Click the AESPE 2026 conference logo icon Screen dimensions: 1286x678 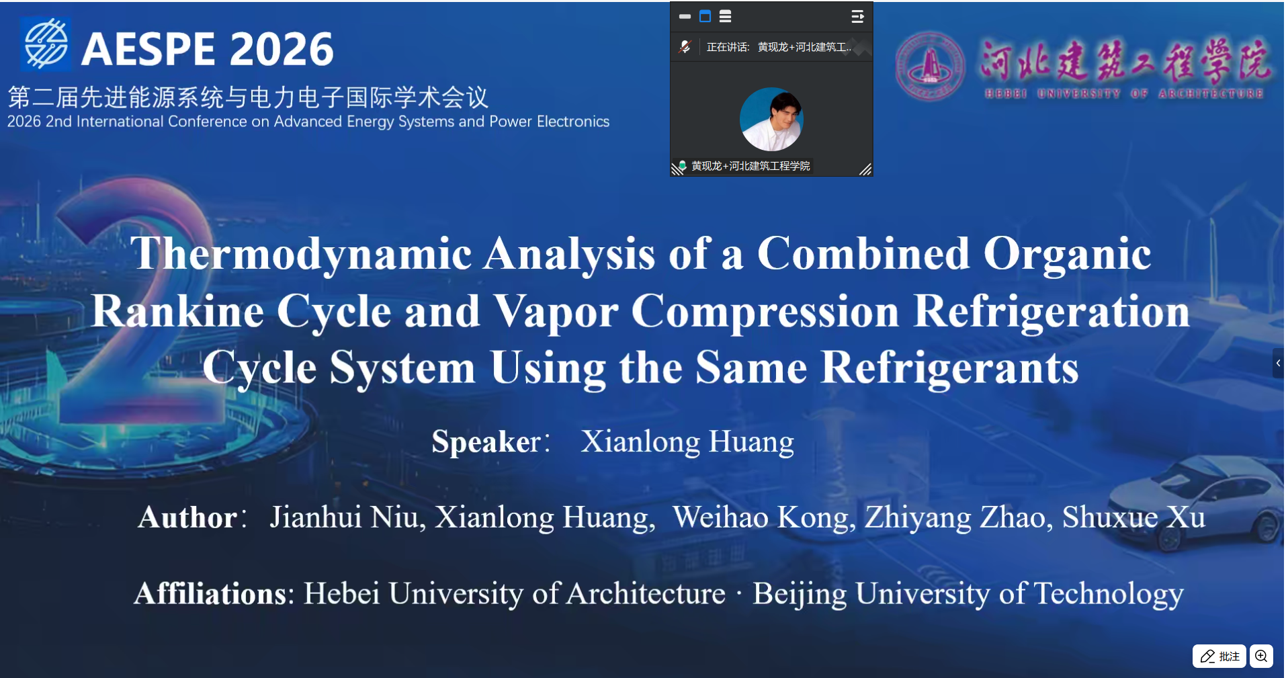[46, 44]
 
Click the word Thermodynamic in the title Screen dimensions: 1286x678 [302, 254]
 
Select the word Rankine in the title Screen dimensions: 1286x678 [177, 311]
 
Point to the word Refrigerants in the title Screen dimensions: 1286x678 [950, 368]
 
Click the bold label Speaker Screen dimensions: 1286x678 [486, 442]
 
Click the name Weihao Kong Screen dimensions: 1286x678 [762, 517]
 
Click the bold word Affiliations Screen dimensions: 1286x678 [211, 594]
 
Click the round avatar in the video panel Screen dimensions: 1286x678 [771, 120]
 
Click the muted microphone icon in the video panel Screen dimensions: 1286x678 [685, 47]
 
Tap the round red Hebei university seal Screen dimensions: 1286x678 [930, 67]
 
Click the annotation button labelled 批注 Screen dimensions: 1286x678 [1219, 656]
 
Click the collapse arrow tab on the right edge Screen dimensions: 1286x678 [1278, 363]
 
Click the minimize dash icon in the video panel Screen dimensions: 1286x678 [685, 16]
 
